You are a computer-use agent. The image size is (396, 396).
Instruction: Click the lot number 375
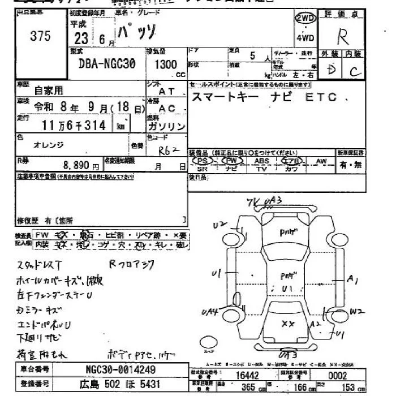pyautogui.click(x=40, y=36)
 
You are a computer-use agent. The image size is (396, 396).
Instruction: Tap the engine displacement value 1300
pyautogui.click(x=165, y=64)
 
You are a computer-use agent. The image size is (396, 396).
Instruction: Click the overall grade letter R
pyautogui.click(x=343, y=37)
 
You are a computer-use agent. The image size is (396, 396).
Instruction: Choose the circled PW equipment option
pyautogui.click(x=232, y=161)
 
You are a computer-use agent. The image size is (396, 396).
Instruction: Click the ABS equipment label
pyautogui.click(x=262, y=161)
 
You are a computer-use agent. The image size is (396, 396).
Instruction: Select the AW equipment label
pyautogui.click(x=322, y=161)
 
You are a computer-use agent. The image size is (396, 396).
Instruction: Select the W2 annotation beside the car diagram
pyautogui.click(x=355, y=311)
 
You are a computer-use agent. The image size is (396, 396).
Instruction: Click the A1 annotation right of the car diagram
pyautogui.click(x=353, y=278)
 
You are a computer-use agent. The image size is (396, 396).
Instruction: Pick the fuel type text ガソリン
pyautogui.click(x=166, y=126)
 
